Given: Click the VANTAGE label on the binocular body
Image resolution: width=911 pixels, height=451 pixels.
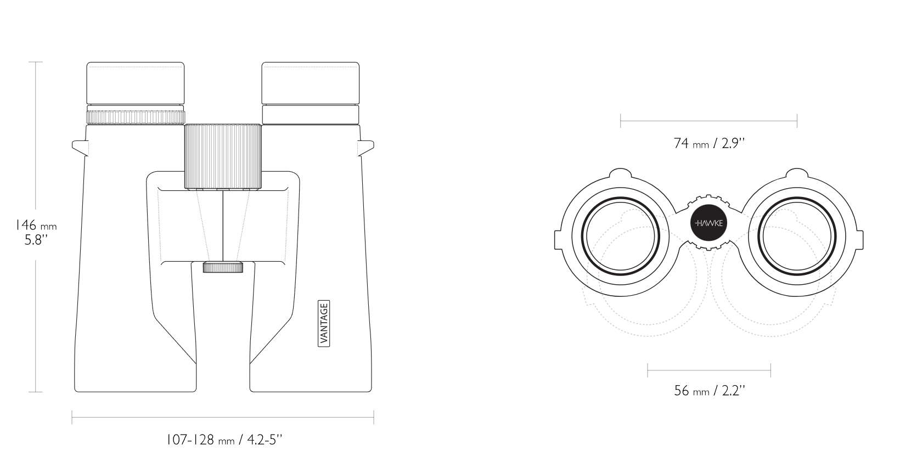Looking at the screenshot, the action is coord(324,323).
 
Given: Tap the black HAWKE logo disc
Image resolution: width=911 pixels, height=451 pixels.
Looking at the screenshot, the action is coord(709,223).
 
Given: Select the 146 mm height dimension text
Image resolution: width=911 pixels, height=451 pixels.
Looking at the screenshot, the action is coord(36,225).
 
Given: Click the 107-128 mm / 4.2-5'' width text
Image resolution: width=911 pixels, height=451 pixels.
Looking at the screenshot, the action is coord(224,439).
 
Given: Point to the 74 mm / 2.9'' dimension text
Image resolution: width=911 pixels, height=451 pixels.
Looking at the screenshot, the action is coord(709,143).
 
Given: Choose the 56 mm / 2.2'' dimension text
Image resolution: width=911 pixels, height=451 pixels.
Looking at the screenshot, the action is coord(709,391).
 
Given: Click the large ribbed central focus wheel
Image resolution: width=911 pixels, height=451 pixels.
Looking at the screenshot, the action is coord(223,156).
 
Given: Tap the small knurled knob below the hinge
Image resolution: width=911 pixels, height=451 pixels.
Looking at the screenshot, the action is coord(223,267).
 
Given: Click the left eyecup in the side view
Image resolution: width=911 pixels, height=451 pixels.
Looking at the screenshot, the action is coord(136,83).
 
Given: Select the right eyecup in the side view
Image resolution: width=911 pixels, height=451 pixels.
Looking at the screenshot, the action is coord(310,83).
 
